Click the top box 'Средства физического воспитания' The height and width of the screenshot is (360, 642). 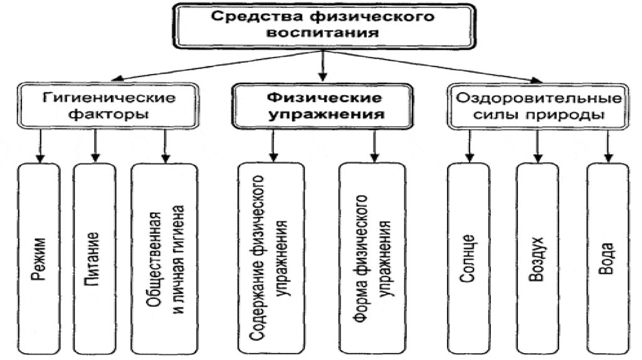[323, 24]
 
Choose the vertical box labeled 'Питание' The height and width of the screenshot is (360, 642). [95, 257]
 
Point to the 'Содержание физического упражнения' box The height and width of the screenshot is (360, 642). [271, 257]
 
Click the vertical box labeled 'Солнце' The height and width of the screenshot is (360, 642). [468, 257]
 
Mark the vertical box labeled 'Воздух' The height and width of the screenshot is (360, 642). [537, 257]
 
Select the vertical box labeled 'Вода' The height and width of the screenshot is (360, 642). [606, 257]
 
